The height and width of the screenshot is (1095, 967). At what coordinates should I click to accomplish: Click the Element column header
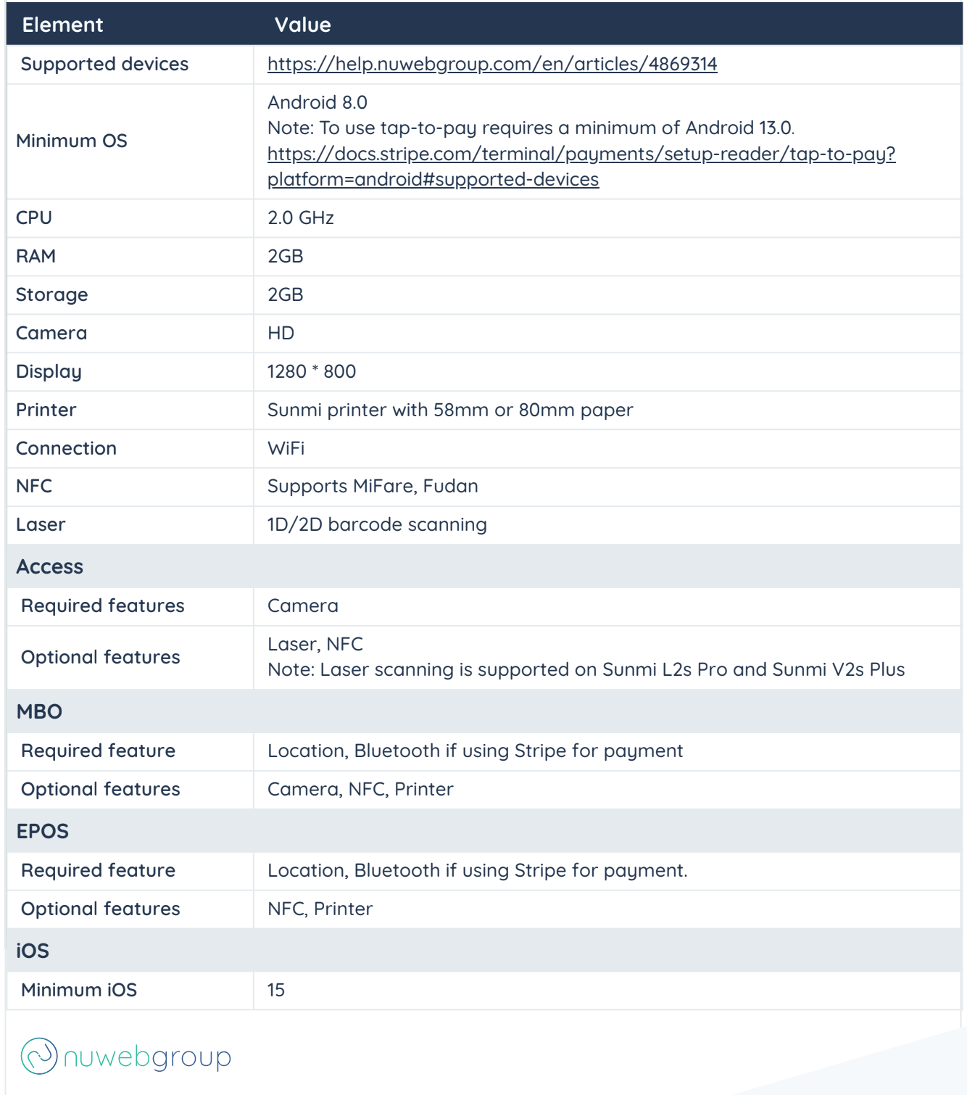pos(62,25)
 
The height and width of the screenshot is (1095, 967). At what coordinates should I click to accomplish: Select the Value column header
pos(302,25)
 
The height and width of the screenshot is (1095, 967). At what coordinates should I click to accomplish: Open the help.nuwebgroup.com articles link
pos(492,64)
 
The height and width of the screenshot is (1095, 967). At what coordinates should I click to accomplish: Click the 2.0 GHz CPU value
pos(301,218)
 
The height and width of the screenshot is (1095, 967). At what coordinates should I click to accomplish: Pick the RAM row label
pos(36,256)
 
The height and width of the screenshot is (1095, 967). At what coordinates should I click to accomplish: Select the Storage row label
pos(51,294)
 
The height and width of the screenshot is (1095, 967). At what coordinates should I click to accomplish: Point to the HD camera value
pos(281,333)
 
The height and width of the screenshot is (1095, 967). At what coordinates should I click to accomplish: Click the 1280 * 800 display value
pos(312,371)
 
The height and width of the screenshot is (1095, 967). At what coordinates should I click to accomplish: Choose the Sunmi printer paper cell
pos(450,410)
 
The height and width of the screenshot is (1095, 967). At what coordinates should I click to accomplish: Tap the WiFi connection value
pos(286,448)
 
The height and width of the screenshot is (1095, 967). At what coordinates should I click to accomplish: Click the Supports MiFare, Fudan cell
pos(373,486)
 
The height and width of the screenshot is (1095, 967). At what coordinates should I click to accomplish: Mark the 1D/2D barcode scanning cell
pos(377,524)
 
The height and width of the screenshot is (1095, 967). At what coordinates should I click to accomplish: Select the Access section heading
pos(49,566)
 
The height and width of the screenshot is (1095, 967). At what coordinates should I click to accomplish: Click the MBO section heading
pos(39,711)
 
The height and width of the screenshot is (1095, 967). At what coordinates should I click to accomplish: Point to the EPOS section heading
pos(42,831)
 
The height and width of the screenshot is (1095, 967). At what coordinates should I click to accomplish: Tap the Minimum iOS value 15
pos(276,990)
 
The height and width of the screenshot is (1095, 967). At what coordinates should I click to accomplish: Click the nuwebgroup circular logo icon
pos(39,1056)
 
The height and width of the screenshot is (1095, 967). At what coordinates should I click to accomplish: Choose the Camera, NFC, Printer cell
pos(360,789)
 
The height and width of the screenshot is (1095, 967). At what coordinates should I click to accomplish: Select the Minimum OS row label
pos(71,141)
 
